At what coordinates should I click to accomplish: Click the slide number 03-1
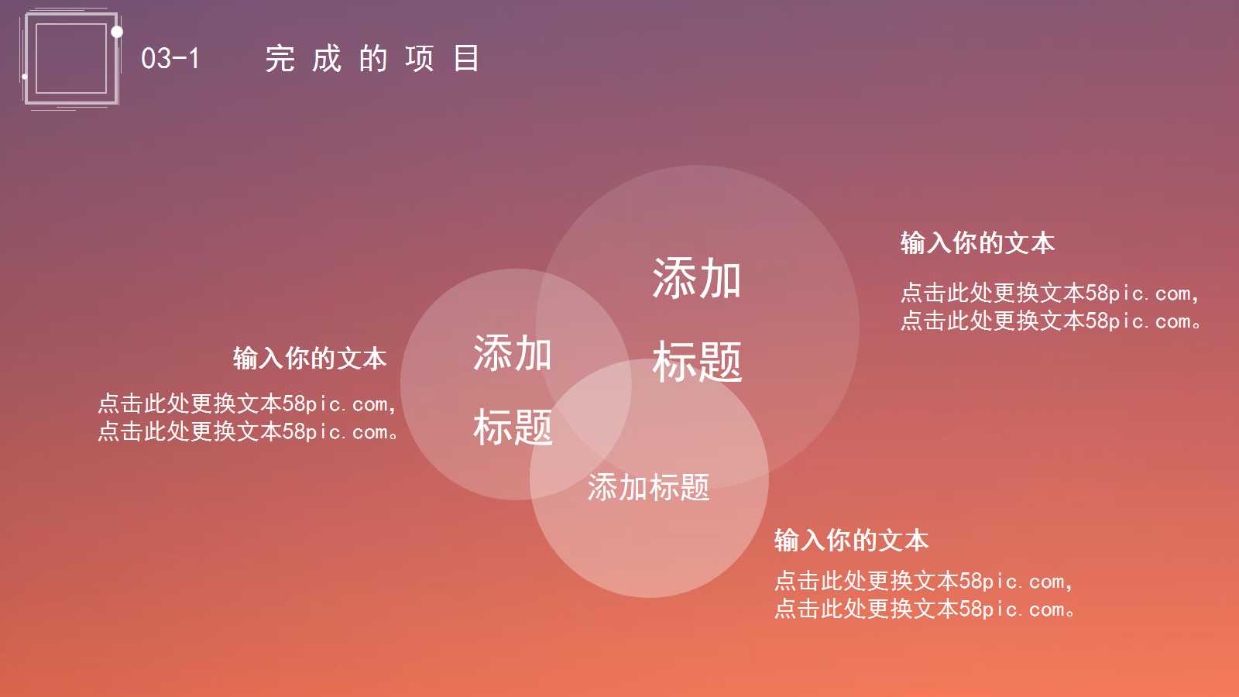170,58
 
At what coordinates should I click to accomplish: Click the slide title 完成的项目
372,58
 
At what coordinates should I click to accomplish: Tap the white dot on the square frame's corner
117,32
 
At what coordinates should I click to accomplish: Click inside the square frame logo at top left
70,59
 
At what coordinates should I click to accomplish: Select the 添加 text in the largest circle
697,279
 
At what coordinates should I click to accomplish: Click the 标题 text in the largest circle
697,362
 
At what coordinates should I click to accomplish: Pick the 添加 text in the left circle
513,354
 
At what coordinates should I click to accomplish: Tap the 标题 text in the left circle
513,427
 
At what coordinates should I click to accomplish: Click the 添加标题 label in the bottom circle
649,488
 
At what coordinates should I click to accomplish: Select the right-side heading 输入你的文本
977,243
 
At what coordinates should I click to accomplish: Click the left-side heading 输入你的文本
310,359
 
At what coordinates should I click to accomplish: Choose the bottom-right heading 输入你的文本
851,541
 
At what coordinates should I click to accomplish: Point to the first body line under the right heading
1050,294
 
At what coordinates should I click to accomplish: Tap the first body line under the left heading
247,403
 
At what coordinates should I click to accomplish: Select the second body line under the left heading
247,431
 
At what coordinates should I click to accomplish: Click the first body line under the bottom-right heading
924,581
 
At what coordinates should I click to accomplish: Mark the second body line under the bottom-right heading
924,609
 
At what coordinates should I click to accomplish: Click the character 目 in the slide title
466,58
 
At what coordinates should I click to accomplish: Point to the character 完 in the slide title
280,58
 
